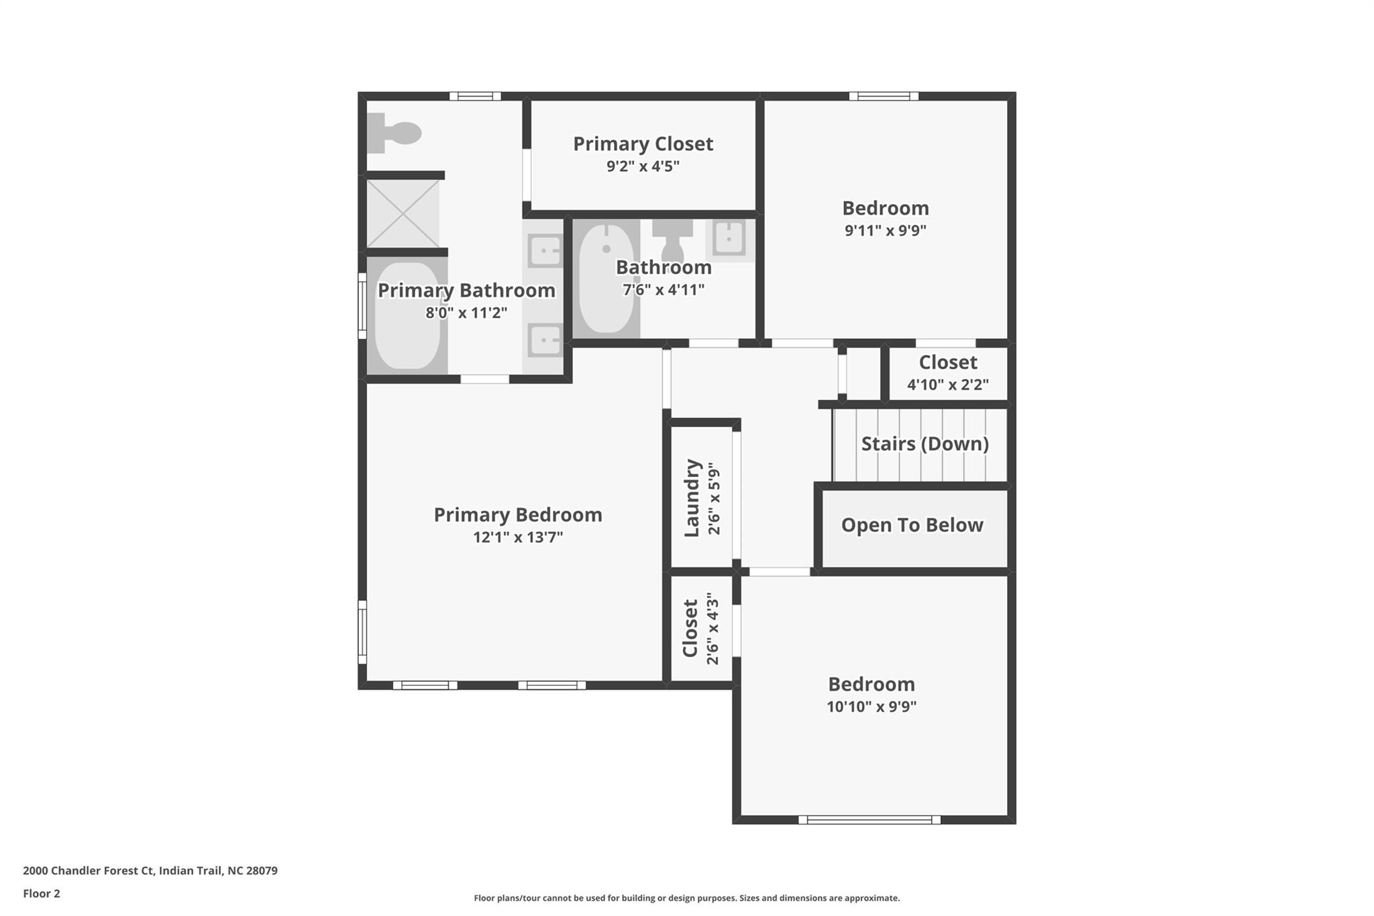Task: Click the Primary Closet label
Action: coord(642,144)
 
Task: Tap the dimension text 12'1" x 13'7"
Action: coord(517,537)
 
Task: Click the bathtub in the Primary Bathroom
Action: coord(407,315)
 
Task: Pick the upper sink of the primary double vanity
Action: coord(545,252)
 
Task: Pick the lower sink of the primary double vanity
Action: coord(545,340)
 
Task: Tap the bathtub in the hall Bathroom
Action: coord(606,278)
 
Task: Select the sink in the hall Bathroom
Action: coord(729,238)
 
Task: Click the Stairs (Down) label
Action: coord(924,444)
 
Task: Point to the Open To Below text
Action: coord(912,525)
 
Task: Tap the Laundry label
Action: coord(692,498)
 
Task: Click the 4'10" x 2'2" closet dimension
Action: coord(947,385)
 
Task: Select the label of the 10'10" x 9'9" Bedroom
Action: coord(871,684)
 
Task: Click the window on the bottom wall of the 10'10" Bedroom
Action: coord(869,819)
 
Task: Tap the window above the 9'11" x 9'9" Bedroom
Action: coord(884,96)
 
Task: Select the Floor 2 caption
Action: coord(41,893)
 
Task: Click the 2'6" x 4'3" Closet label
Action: coord(690,628)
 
